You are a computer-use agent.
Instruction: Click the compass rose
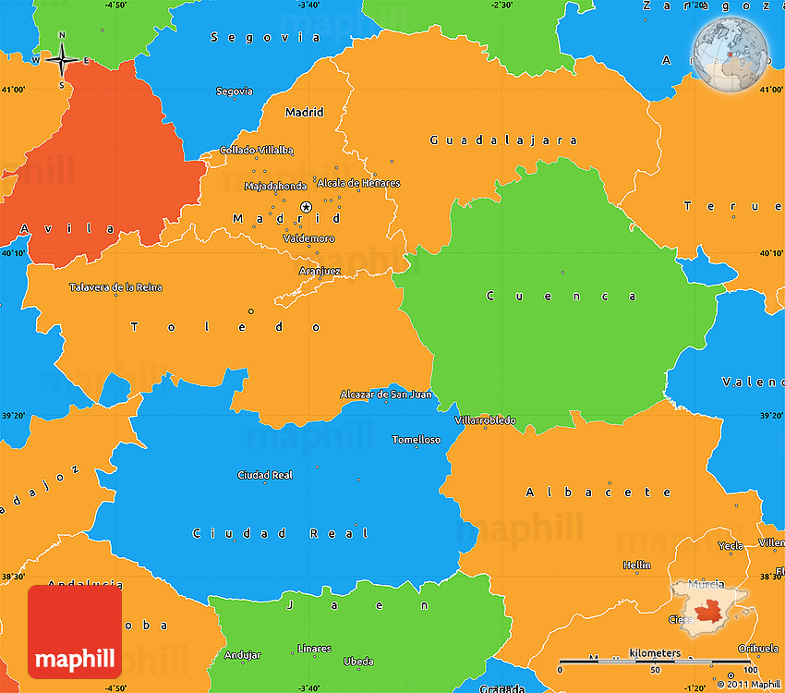[x=63, y=60]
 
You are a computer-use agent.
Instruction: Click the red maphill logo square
[x=74, y=630]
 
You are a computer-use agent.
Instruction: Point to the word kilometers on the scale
[x=655, y=653]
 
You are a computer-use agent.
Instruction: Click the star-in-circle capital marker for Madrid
[x=307, y=207]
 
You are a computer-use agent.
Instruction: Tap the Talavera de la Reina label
[x=115, y=287]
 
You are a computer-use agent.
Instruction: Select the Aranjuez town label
[x=320, y=271]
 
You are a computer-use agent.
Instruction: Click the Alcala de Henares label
[x=358, y=183]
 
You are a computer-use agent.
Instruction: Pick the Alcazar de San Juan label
[x=385, y=395]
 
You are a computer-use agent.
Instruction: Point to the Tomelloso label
[x=417, y=440]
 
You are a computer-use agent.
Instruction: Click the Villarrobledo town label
[x=485, y=420]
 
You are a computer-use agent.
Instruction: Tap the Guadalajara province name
[x=503, y=140]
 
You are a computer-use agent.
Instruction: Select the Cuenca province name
[x=562, y=297]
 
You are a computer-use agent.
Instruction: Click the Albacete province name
[x=599, y=492]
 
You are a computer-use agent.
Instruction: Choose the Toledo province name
[x=226, y=327]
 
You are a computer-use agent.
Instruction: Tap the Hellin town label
[x=636, y=565]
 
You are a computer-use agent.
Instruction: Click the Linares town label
[x=314, y=649]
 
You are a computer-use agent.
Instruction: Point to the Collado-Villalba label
[x=257, y=150]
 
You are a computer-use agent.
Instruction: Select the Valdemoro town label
[x=308, y=238]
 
